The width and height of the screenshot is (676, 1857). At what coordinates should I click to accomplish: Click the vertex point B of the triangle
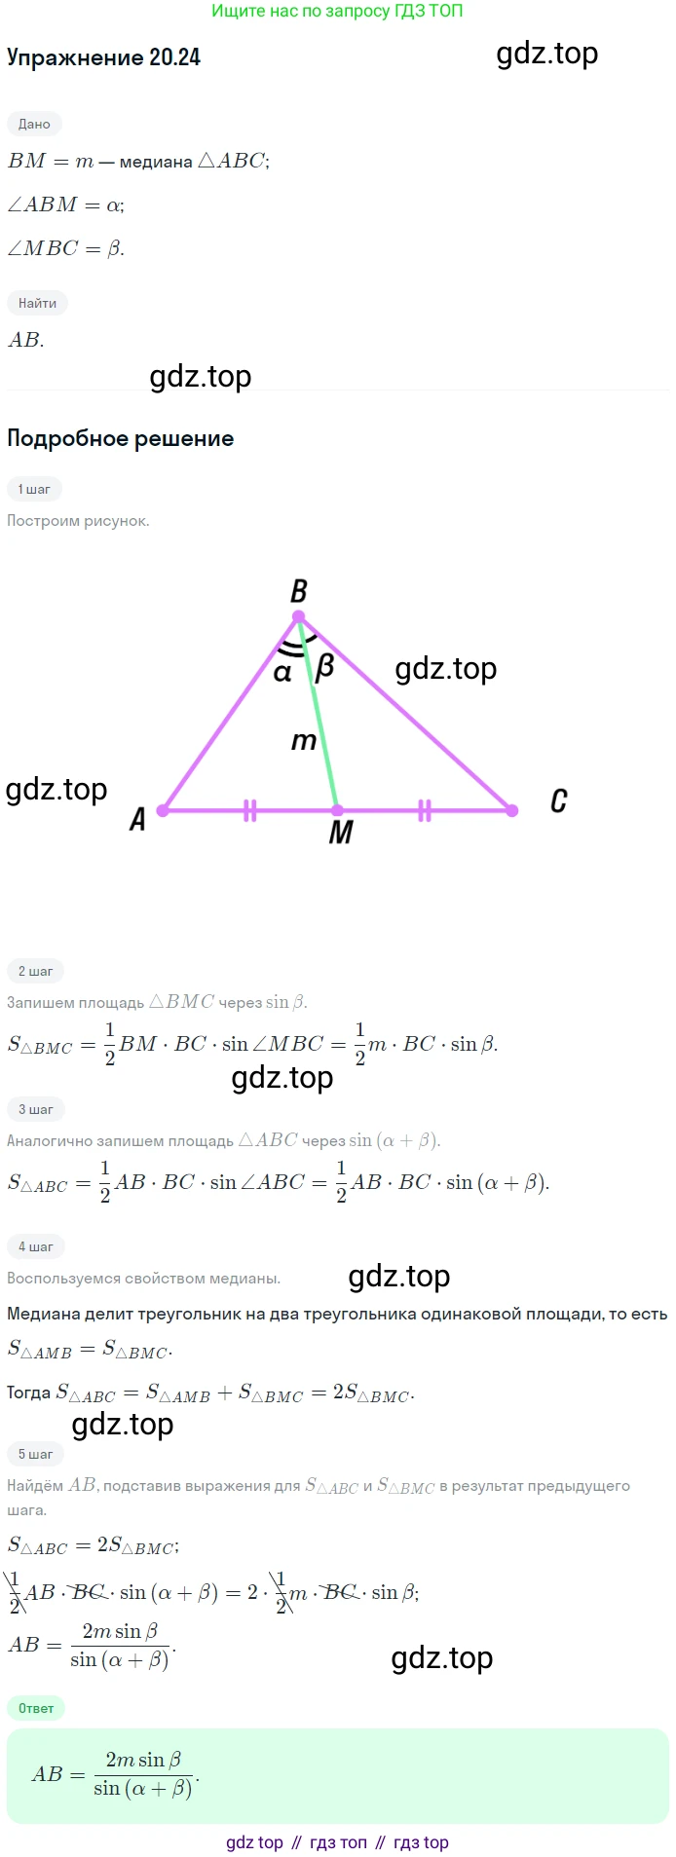(x=299, y=616)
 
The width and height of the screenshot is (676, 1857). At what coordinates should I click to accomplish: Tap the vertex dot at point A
(x=163, y=810)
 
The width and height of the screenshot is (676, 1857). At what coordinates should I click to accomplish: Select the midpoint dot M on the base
(x=337, y=810)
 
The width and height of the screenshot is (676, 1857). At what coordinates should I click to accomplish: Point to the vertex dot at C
(x=512, y=810)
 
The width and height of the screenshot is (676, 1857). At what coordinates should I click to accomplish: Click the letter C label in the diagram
(x=558, y=801)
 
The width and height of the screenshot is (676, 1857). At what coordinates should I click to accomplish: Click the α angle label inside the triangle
(x=282, y=673)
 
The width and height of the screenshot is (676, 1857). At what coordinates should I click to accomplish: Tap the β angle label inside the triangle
(x=325, y=667)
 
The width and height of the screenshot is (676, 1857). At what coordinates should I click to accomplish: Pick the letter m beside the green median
(x=304, y=742)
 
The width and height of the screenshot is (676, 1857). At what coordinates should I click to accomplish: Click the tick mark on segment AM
(x=250, y=810)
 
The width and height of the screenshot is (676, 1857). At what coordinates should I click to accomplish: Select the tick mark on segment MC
(x=425, y=810)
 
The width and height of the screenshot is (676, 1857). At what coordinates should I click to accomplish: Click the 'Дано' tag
(x=34, y=124)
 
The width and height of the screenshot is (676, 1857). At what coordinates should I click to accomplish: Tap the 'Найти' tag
(x=37, y=303)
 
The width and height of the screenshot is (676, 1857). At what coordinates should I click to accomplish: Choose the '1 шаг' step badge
(x=34, y=489)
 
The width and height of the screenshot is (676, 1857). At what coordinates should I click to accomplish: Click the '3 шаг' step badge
(x=36, y=1109)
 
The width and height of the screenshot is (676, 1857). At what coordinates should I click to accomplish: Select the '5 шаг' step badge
(x=36, y=1454)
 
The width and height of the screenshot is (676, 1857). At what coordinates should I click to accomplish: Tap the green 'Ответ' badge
(x=36, y=1708)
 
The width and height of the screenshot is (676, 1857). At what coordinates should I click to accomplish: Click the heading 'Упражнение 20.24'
(x=103, y=57)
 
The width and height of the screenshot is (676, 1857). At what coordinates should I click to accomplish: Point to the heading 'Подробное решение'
(x=121, y=438)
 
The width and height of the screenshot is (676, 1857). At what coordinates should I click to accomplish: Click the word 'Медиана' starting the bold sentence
(x=43, y=1314)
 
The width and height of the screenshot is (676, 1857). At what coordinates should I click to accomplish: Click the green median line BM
(x=319, y=714)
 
